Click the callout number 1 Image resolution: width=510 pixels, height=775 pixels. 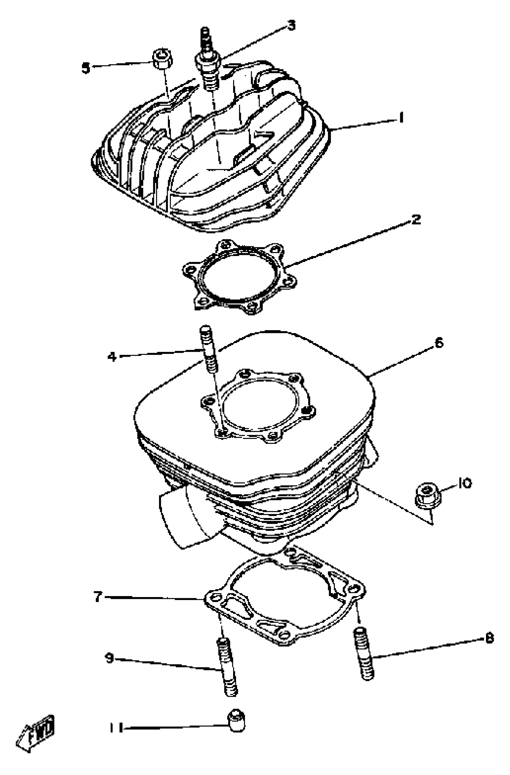click(401, 118)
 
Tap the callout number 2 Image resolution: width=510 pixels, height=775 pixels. click(415, 220)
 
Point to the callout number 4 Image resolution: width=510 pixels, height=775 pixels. click(112, 357)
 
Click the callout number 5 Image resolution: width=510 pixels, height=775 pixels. click(85, 68)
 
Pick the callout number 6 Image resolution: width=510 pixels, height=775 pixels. click(439, 342)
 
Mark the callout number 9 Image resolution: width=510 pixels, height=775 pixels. click(109, 658)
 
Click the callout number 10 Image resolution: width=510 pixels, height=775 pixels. click(465, 483)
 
